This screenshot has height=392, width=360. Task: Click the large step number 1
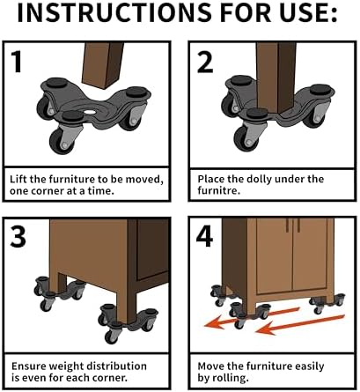coord(17,62)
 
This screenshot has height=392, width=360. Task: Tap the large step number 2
coord(205,62)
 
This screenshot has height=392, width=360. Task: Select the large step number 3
coord(18,236)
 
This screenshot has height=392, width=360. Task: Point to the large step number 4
coord(204,236)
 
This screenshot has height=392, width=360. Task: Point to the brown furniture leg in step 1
coord(103,65)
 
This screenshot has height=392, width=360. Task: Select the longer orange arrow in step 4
coord(300,324)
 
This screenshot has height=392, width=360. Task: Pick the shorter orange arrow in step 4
coord(252,317)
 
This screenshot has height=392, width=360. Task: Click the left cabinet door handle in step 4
coord(288,225)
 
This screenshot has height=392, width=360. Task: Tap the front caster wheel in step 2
coord(246,138)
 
